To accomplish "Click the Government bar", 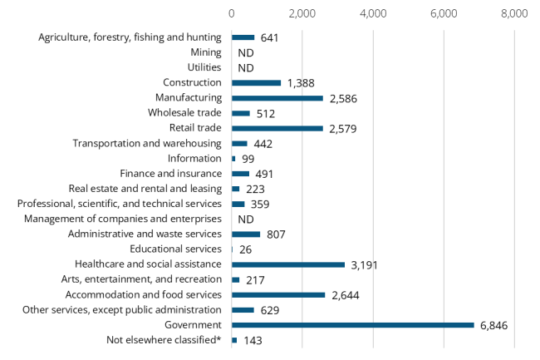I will [x=353, y=325].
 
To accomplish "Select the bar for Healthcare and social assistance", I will [x=288, y=265].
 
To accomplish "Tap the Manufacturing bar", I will [x=277, y=98].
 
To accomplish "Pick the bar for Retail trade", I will [x=277, y=128].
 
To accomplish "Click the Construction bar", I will [x=256, y=82].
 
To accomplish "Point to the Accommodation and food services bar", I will [x=278, y=295].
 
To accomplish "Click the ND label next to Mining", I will [x=245, y=52].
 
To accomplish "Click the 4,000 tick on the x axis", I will [x=373, y=13].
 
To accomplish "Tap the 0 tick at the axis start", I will [x=232, y=13].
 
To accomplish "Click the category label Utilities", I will [x=204, y=67].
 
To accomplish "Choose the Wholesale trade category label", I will [x=184, y=113].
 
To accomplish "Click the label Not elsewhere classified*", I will [x=164, y=340].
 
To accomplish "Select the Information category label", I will [x=194, y=158].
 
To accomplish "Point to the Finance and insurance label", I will [x=170, y=174].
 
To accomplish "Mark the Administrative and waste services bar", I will [x=246, y=234].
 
